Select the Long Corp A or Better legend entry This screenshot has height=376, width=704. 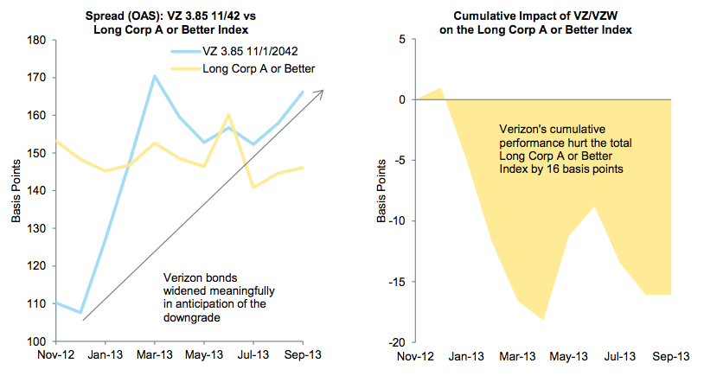click(257, 68)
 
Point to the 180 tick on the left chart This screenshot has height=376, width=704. click(37, 40)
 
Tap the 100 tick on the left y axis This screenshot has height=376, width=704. click(37, 341)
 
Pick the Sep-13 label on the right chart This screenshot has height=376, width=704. click(670, 356)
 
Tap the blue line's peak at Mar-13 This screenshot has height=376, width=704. click(154, 76)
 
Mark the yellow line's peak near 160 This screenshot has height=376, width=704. click(228, 114)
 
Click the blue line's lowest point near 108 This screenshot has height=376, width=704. click(80, 312)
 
